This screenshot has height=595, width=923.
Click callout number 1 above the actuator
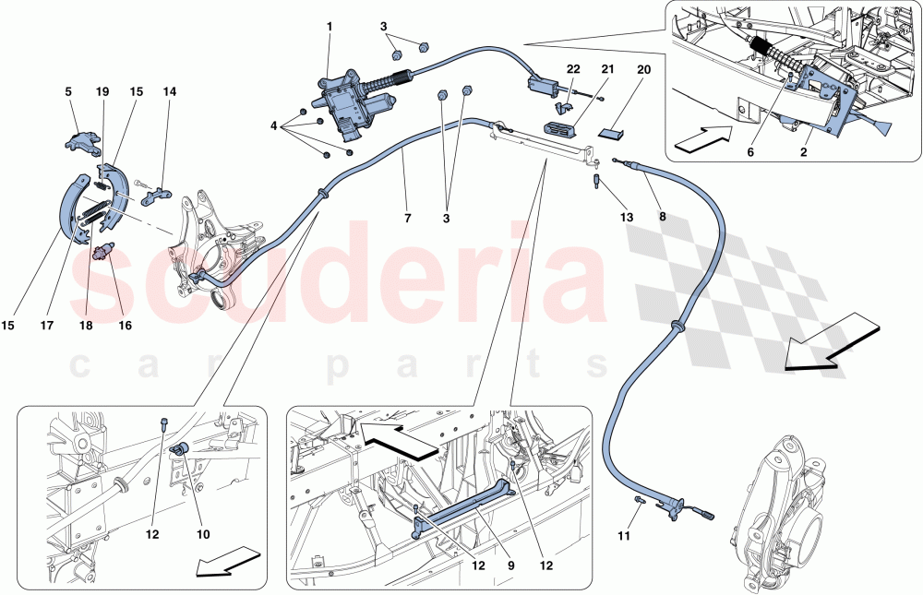coord(329,27)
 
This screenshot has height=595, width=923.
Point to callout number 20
coord(643,70)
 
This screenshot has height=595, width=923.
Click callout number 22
coord(573,70)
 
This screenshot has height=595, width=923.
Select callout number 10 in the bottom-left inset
coord(203,534)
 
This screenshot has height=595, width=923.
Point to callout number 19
coord(102,92)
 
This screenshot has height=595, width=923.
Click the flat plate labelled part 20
coord(615,131)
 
